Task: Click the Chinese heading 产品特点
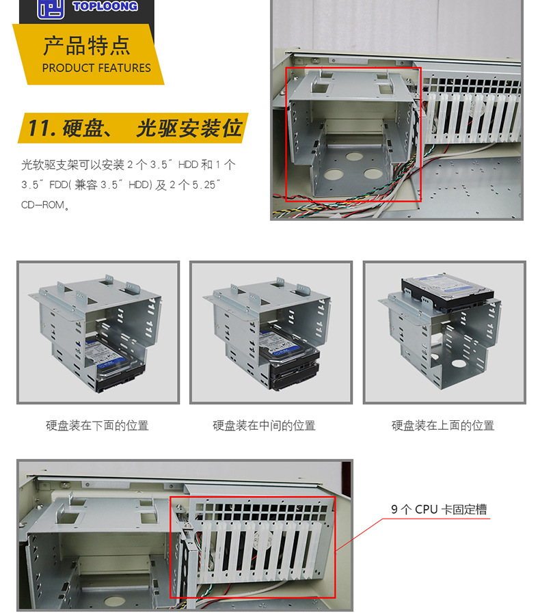[86, 46]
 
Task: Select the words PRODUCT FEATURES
[96, 68]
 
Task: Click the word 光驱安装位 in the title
[189, 128]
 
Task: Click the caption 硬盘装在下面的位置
[97, 426]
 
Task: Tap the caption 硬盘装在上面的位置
[443, 426]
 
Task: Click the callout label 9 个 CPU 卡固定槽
[439, 509]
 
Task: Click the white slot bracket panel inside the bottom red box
[256, 547]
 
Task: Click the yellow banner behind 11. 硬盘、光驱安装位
[134, 128]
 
